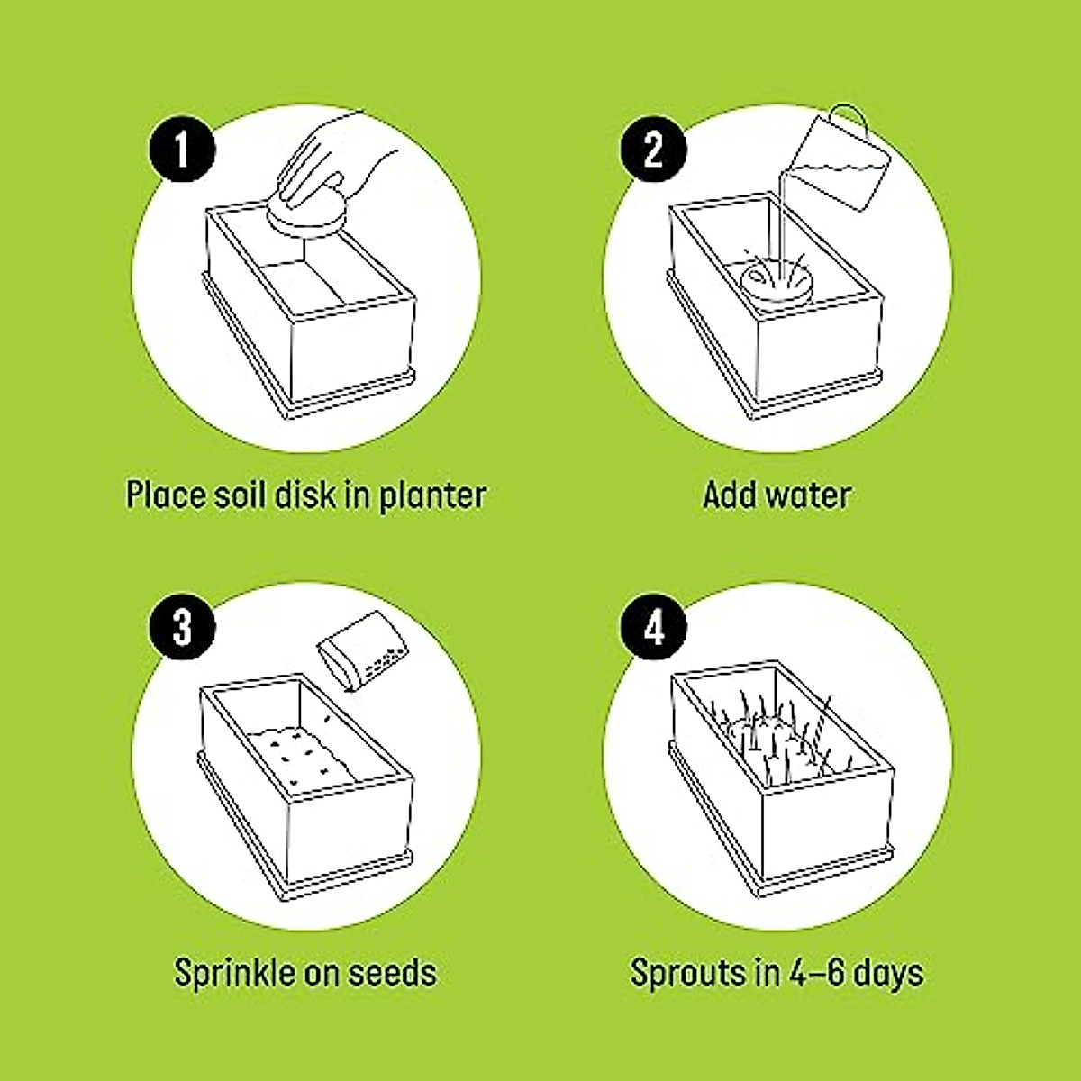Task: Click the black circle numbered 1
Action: click(183, 150)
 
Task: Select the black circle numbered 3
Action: click(183, 627)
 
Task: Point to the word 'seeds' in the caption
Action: click(393, 973)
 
